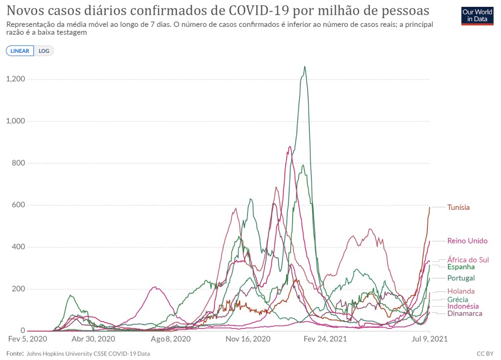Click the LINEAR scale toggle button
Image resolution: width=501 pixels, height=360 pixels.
pyautogui.click(x=20, y=51)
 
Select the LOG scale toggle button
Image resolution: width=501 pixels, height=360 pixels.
pyautogui.click(x=44, y=51)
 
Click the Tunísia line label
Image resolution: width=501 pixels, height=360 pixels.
pyautogui.click(x=458, y=207)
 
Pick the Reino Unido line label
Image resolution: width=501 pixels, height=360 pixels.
pyautogui.click(x=467, y=241)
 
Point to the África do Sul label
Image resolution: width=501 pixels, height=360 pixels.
pyautogui.click(x=468, y=260)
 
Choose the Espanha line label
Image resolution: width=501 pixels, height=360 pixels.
pyautogui.click(x=461, y=267)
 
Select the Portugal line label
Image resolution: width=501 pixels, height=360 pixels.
pyautogui.click(x=461, y=278)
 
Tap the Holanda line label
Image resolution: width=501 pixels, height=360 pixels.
pyautogui.click(x=461, y=291)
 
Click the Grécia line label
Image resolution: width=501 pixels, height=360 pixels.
pyautogui.click(x=457, y=299)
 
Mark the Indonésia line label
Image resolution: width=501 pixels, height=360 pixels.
pyautogui.click(x=463, y=306)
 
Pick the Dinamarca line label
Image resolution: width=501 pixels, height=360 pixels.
pyautogui.click(x=465, y=314)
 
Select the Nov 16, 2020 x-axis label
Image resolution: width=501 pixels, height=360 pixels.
pyautogui.click(x=248, y=338)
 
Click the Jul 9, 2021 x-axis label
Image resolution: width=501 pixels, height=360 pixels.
pyautogui.click(x=429, y=338)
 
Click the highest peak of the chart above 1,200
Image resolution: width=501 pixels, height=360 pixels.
pyautogui.click(x=305, y=67)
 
